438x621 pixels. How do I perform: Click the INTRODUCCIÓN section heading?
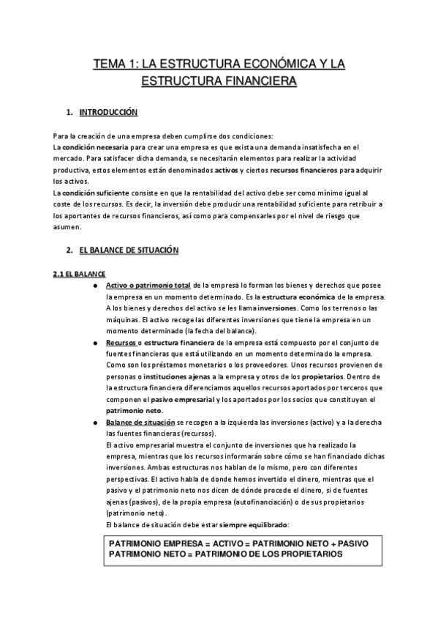107,114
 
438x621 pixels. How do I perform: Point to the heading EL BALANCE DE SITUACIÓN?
129,250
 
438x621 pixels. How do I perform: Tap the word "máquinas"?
121,320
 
